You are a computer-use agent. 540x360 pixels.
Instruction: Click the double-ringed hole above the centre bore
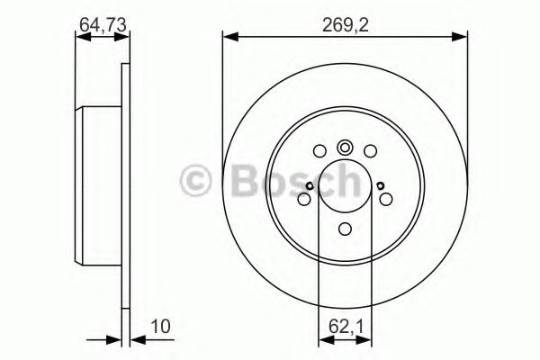(x=346, y=149)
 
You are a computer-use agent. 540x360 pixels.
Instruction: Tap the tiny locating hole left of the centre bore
(x=307, y=186)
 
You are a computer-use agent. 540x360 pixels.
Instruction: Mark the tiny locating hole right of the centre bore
(x=383, y=186)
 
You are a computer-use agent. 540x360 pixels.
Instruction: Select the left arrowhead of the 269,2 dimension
(x=228, y=36)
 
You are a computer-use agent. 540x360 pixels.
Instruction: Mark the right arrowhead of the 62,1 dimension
(x=367, y=339)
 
